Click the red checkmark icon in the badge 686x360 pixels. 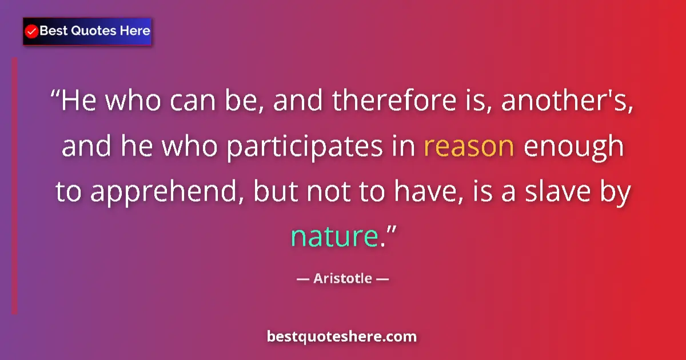(32, 31)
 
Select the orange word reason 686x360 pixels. (469, 146)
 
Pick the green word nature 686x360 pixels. (334, 236)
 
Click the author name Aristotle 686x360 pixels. (343, 279)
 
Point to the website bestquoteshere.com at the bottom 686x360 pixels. (342, 337)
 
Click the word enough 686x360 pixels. (573, 147)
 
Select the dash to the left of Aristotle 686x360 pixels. (303, 279)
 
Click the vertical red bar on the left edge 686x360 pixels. (15, 186)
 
